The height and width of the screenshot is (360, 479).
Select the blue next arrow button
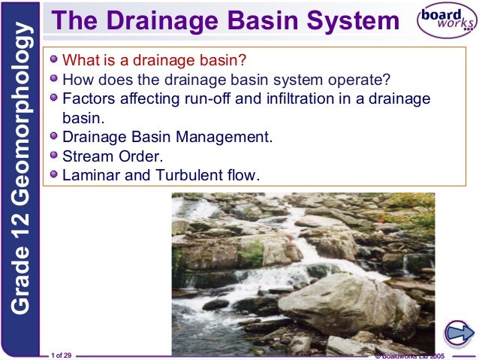point(459,332)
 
